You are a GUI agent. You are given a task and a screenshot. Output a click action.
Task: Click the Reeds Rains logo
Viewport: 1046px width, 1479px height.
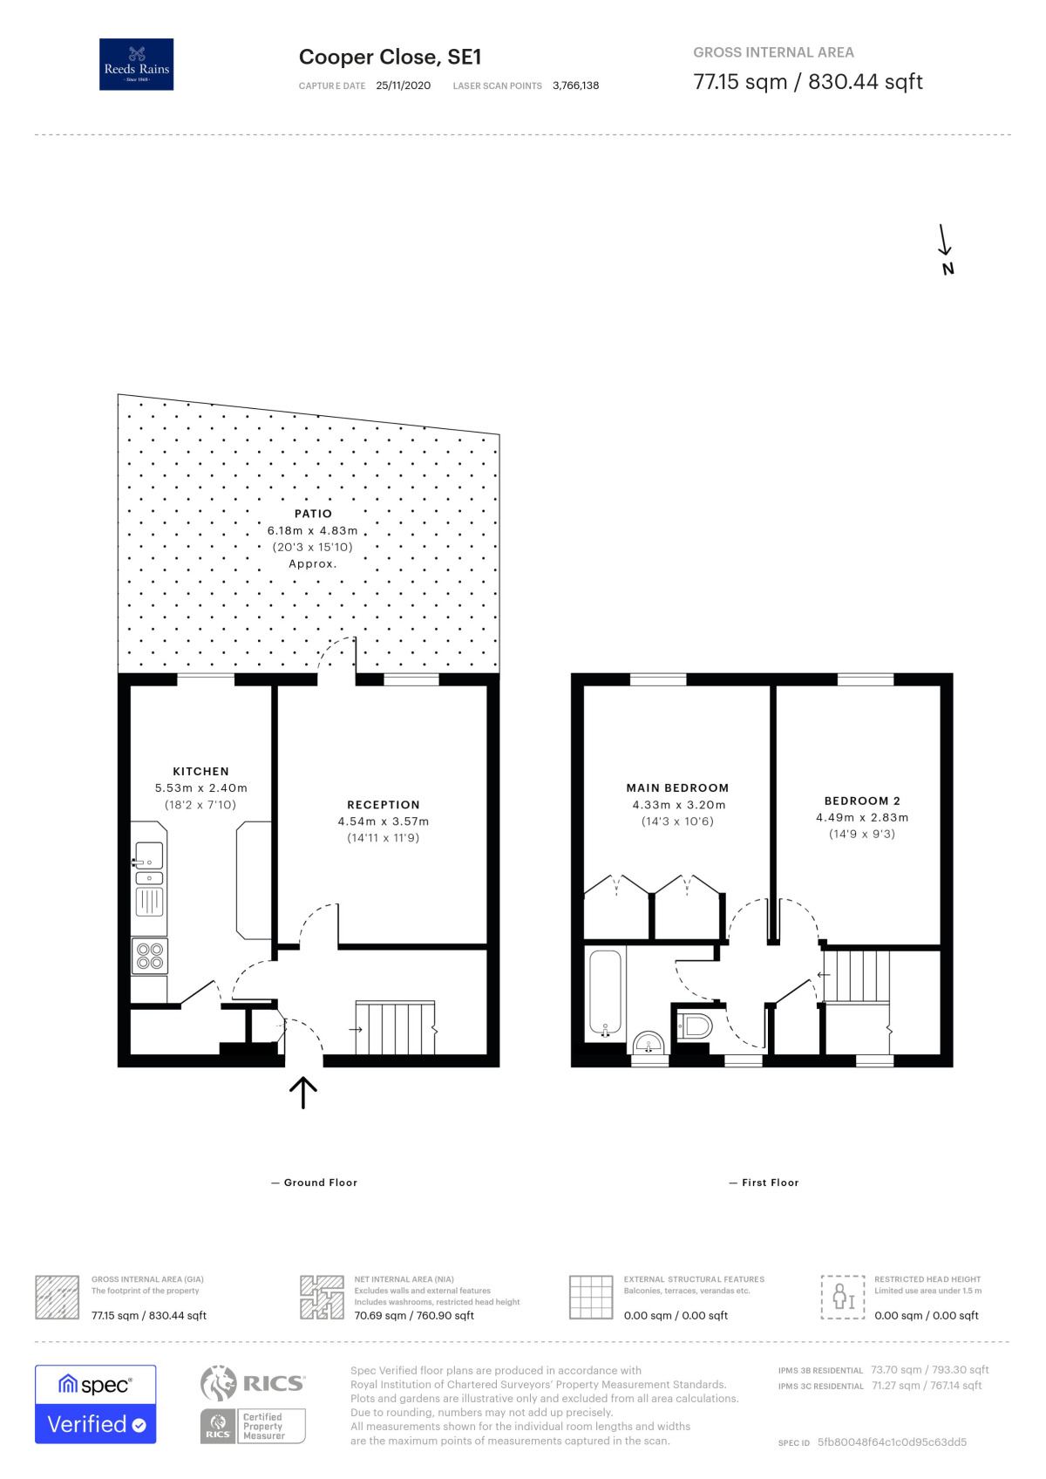point(136,64)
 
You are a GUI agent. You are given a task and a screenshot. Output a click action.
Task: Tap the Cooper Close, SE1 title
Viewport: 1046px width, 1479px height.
point(390,58)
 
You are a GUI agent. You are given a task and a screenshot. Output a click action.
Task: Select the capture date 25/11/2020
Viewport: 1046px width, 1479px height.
point(404,85)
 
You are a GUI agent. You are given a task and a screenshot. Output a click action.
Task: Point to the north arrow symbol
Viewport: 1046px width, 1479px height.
point(946,249)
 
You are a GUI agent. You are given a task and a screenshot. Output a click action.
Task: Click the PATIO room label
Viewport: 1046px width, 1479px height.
point(313,514)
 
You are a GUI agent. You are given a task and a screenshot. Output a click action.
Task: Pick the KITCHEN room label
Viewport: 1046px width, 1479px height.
point(200,771)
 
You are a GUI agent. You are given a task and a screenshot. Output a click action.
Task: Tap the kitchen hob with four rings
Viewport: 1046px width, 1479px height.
point(150,956)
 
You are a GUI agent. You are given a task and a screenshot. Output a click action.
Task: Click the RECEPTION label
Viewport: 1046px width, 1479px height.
point(384,805)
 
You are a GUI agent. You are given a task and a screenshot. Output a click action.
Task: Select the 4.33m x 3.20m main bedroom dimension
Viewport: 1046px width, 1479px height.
point(678,805)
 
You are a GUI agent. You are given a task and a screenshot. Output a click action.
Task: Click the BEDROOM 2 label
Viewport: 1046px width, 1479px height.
point(862,801)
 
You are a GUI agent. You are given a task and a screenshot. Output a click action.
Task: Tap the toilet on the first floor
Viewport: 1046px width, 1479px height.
point(696,1026)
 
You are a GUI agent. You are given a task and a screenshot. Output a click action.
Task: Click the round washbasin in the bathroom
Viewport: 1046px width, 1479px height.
point(648,1043)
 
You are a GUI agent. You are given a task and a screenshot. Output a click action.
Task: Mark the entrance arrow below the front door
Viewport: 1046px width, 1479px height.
point(303,1093)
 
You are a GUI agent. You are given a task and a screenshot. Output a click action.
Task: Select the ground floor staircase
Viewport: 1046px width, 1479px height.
point(396,1028)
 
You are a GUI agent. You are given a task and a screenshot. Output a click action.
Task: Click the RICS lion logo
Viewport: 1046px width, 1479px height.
point(219,1382)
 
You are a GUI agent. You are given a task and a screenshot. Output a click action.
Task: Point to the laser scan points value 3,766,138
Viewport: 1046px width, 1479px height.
point(575,85)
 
